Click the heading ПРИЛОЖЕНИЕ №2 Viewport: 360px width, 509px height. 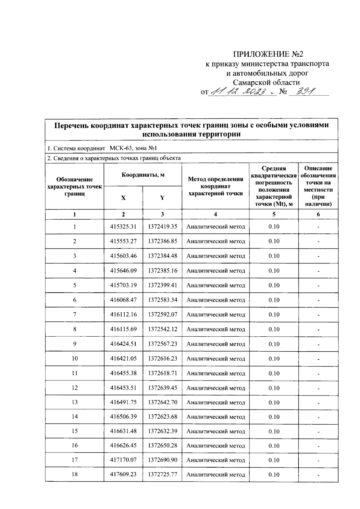(x=268, y=54)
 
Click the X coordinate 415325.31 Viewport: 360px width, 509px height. (x=123, y=227)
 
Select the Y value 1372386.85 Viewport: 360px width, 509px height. (x=162, y=241)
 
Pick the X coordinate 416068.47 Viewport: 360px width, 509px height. (x=123, y=300)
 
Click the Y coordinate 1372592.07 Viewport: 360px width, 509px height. (x=162, y=315)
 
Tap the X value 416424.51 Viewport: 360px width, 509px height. (x=123, y=344)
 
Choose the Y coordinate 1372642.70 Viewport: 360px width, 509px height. (x=162, y=402)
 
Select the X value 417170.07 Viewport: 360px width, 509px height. (x=123, y=460)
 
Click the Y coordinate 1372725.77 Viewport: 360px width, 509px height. (x=162, y=475)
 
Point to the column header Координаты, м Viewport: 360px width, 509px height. (x=143, y=175)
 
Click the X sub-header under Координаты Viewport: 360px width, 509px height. (x=123, y=198)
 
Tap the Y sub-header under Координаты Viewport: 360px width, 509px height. (x=162, y=198)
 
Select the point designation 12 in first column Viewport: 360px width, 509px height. (x=74, y=388)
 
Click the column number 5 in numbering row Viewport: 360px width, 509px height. (x=274, y=214)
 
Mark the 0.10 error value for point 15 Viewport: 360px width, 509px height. (x=274, y=431)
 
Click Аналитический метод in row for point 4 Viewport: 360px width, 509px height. (x=215, y=271)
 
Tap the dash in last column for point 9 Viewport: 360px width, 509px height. (x=318, y=344)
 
